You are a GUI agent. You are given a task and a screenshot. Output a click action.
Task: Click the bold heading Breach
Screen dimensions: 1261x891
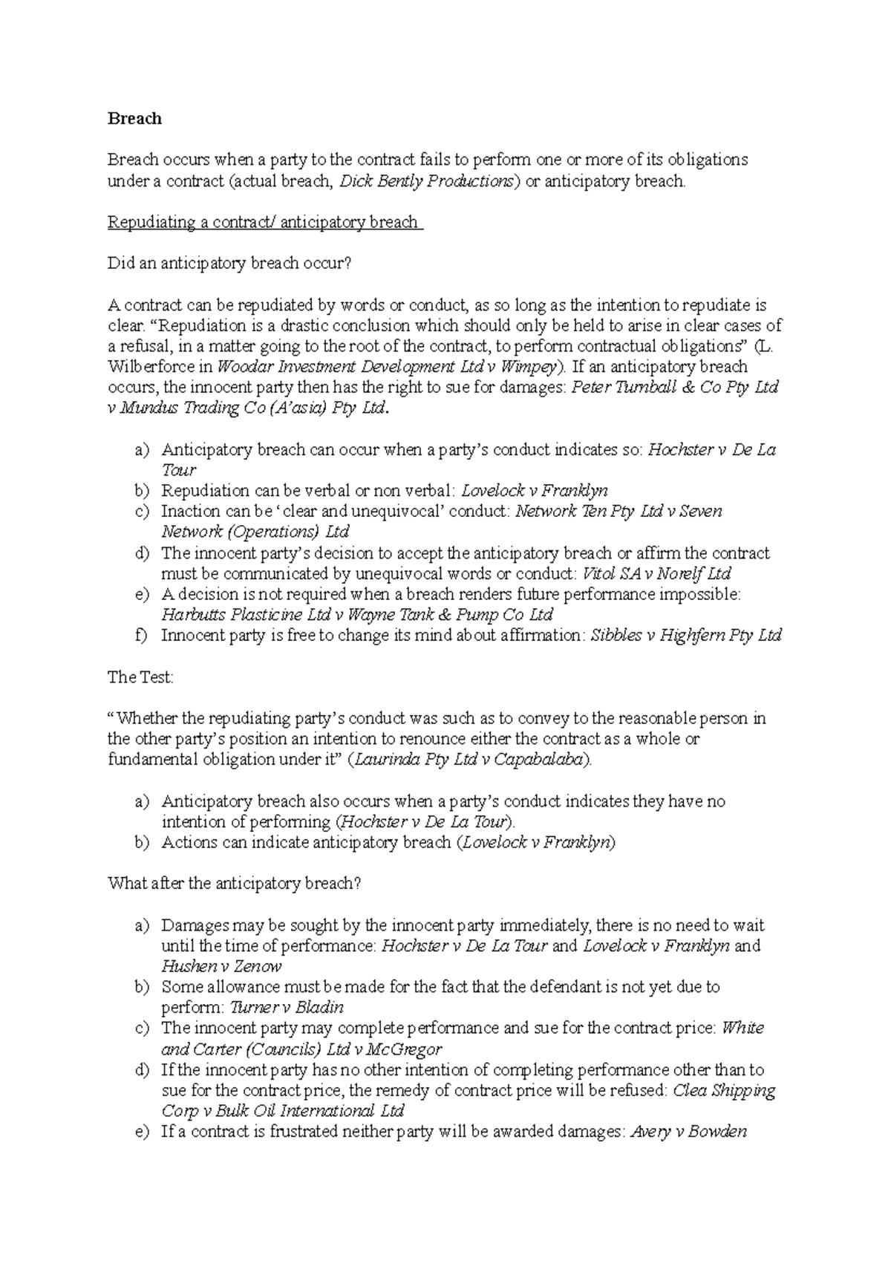point(134,118)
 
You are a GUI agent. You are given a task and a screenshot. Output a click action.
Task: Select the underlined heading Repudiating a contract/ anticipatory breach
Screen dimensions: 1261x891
point(264,222)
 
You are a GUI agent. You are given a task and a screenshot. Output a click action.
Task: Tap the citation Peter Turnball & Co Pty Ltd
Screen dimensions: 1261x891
point(674,388)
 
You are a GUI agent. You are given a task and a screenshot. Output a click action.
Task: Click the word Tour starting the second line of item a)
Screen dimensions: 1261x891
point(178,470)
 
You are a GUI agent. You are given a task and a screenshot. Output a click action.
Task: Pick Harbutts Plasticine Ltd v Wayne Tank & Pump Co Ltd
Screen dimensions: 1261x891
point(356,615)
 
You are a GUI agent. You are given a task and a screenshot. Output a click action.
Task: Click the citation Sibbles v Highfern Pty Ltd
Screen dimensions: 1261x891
point(685,636)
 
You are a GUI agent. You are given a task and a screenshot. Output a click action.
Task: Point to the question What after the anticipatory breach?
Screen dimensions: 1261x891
point(235,884)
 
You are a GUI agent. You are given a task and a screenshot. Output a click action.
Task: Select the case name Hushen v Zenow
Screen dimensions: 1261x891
point(221,967)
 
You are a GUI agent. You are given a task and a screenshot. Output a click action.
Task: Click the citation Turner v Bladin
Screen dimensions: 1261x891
point(287,1008)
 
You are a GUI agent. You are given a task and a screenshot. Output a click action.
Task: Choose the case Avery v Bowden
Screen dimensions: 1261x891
point(688,1132)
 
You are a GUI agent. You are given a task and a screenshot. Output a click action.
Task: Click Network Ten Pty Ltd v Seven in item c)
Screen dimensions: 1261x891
point(618,512)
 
